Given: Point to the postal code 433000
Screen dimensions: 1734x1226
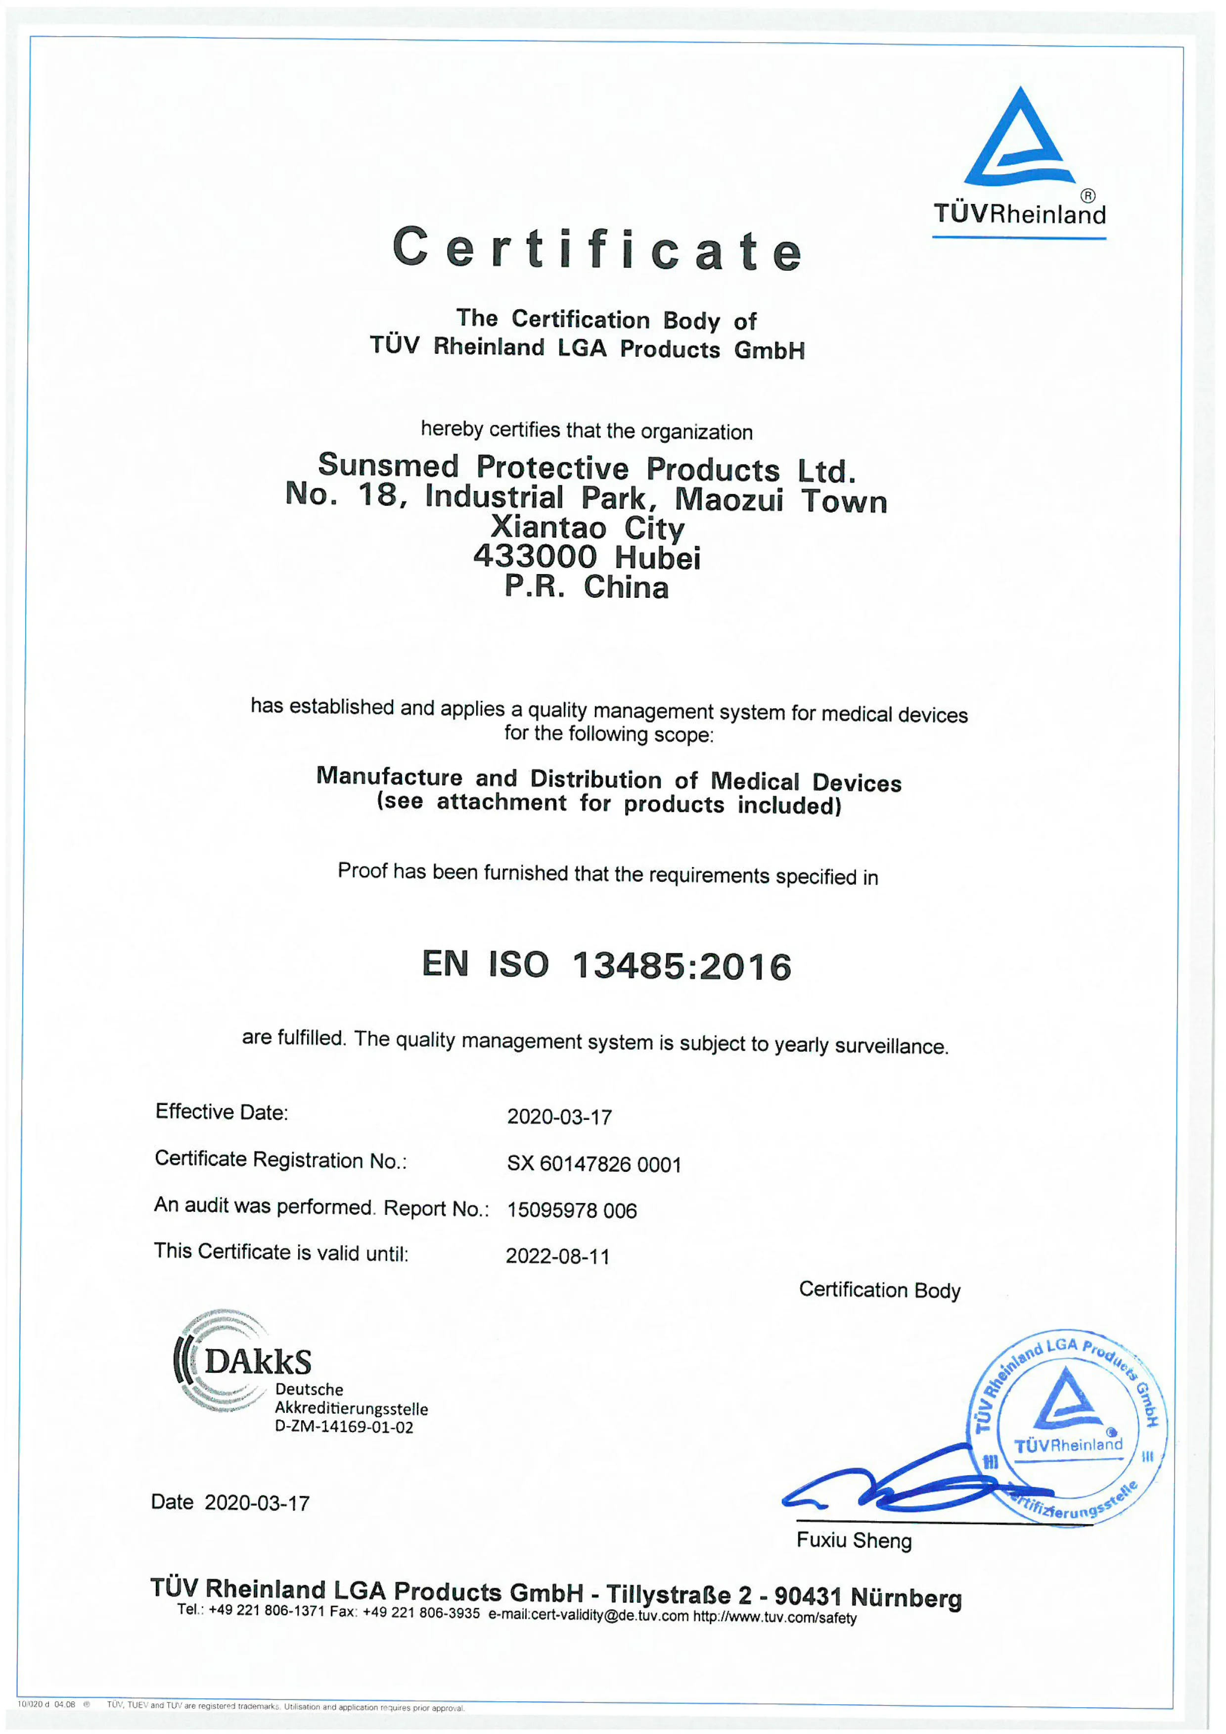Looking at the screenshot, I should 535,557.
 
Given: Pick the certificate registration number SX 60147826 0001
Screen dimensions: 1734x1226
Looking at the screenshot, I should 593,1164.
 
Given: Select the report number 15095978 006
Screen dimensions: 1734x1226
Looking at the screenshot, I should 572,1210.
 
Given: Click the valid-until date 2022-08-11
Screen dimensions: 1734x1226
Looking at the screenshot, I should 557,1256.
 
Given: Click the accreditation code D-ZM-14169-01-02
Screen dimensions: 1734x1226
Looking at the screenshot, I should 344,1427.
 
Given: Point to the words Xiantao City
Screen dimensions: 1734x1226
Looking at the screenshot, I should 588,528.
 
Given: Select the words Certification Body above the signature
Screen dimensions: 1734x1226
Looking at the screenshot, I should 879,1290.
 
